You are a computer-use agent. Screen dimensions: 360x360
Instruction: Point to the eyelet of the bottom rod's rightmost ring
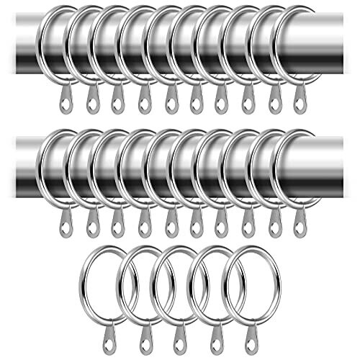pos(299,228)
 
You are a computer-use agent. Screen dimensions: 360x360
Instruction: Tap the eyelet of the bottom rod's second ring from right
pos(274,228)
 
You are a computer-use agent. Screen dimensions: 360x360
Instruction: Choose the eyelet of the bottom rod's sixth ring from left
pos(196,228)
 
